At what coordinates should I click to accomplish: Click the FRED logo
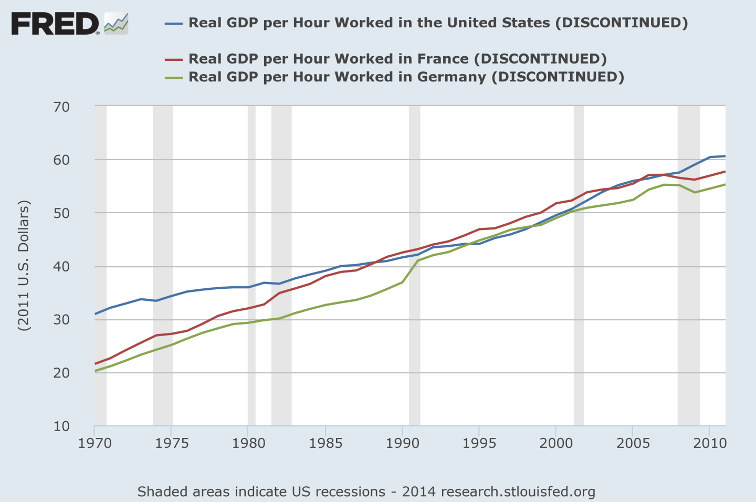tap(69, 24)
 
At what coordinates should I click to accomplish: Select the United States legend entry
tap(438, 23)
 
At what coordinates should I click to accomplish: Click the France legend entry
tap(397, 59)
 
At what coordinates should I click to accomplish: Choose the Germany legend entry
tap(406, 77)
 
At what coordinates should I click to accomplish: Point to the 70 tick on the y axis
tap(61, 107)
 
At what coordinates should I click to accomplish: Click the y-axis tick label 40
tap(61, 267)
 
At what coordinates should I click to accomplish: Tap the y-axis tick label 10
tap(61, 426)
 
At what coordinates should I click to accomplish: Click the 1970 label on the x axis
tap(95, 443)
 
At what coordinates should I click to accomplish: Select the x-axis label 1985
tap(325, 443)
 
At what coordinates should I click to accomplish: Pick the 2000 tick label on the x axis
tap(556, 443)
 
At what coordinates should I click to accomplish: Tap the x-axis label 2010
tap(710, 443)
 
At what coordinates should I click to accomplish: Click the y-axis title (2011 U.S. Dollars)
tap(24, 266)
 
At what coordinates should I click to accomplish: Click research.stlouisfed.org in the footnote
tap(518, 492)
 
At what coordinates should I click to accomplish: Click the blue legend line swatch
tap(173, 24)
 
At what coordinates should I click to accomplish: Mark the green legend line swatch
tap(173, 78)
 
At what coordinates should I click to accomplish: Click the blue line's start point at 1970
tap(96, 314)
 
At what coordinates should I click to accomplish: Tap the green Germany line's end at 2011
tap(725, 184)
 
